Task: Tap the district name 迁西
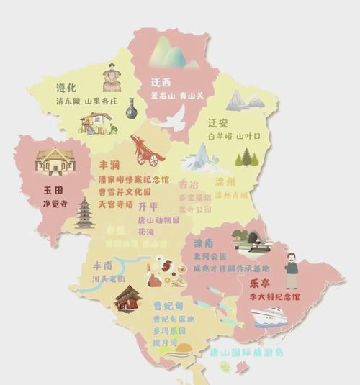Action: coord(162,82)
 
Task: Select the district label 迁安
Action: coord(217,122)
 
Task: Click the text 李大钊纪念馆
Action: coord(274,296)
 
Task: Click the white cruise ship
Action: coord(267,317)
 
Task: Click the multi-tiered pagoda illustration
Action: coord(85,214)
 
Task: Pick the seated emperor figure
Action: coord(112,77)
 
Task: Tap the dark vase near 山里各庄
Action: coord(130,110)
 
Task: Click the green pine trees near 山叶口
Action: coord(247,157)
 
